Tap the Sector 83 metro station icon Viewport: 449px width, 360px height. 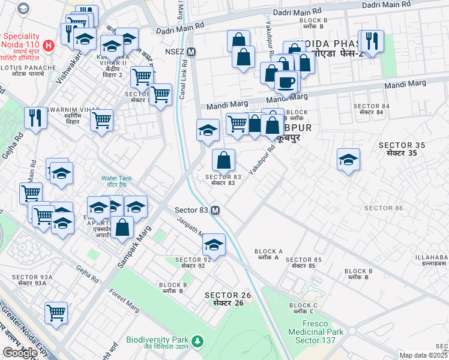tap(215, 211)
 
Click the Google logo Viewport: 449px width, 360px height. tap(20, 353)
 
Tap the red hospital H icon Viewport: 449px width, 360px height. tap(49, 44)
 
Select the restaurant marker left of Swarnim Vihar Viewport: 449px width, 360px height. tap(36, 118)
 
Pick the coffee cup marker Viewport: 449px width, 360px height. tap(286, 82)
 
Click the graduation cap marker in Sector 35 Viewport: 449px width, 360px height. tap(348, 160)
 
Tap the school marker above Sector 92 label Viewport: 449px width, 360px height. tap(213, 245)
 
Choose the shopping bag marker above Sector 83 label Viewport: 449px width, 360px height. tap(223, 160)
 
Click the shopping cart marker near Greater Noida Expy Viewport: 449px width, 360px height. tap(56, 312)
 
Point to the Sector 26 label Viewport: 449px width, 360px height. tap(224, 299)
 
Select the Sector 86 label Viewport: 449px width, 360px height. tap(383, 208)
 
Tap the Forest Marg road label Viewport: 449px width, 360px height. tap(124, 301)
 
